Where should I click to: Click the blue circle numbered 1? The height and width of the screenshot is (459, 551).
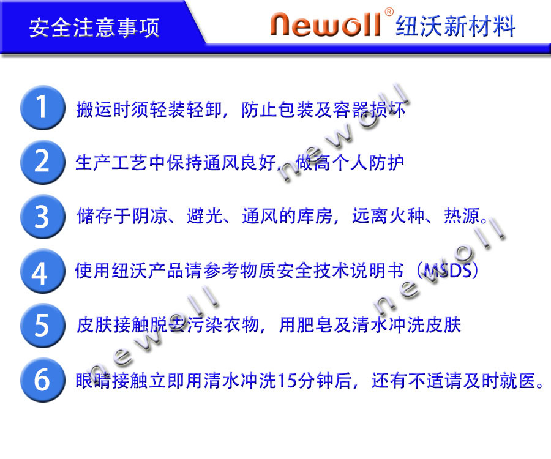click(x=42, y=107)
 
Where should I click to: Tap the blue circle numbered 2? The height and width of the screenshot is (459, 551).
click(x=42, y=162)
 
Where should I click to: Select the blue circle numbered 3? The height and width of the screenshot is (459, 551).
click(x=42, y=216)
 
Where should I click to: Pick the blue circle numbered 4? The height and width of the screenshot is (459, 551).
click(x=42, y=271)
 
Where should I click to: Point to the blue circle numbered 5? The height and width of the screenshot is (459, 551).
click(x=42, y=325)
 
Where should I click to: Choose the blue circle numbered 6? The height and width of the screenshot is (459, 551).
click(x=42, y=379)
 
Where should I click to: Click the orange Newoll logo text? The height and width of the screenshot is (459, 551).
click(x=326, y=24)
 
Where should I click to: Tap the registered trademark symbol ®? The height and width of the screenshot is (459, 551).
click(x=389, y=12)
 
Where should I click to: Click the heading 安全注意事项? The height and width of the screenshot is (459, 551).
click(x=94, y=28)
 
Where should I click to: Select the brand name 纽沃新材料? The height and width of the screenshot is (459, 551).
click(x=455, y=26)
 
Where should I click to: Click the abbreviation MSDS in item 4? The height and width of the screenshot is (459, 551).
click(x=447, y=271)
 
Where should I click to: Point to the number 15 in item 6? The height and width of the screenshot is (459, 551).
click(x=287, y=380)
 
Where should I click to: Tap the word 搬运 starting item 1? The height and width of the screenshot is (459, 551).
click(x=94, y=109)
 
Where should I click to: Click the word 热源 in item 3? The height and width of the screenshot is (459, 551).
click(x=462, y=215)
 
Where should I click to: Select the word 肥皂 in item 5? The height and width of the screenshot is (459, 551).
click(x=315, y=324)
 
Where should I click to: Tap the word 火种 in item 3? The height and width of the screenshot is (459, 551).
click(x=407, y=215)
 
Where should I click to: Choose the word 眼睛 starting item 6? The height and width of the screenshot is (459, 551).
click(x=94, y=380)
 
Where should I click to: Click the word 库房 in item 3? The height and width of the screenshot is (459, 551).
click(x=315, y=215)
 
